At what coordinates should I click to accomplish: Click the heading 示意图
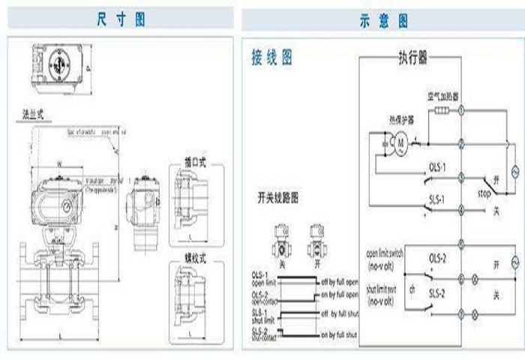pyautogui.click(x=382, y=19)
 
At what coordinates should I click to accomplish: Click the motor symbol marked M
pyautogui.click(x=400, y=141)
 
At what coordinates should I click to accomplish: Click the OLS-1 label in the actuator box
pyautogui.click(x=438, y=167)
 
